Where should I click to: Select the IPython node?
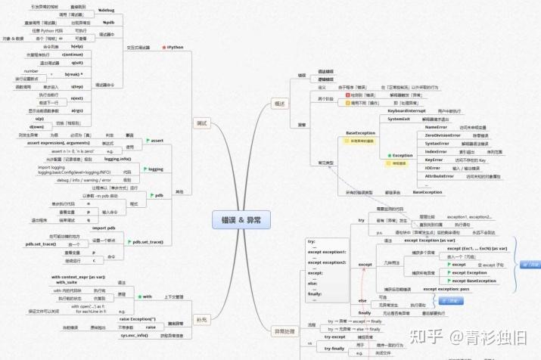pyautogui.click(x=176, y=47)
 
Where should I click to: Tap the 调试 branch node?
pyautogui.click(x=202, y=123)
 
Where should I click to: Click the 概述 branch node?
pyautogui.click(x=279, y=104)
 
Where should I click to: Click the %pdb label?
pyautogui.click(x=108, y=23)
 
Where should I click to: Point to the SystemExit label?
pyautogui.click(x=399, y=119)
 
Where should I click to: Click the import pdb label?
pyautogui.click(x=104, y=228)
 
